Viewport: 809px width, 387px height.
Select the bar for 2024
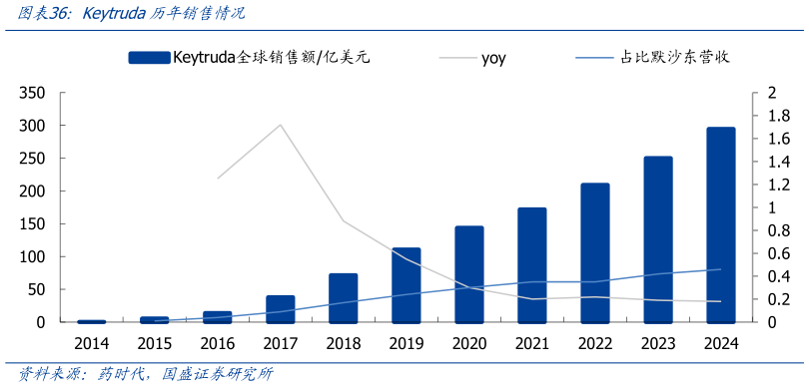pos(720,224)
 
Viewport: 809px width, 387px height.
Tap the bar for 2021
pos(531,265)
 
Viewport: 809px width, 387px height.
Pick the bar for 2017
pos(281,309)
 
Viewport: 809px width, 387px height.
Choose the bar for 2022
pos(594,253)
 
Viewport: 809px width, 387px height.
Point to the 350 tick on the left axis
pos(33,93)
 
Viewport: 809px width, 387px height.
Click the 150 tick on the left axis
pos(33,224)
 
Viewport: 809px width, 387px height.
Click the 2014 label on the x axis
pos(91,344)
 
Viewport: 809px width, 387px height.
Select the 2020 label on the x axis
pos(468,344)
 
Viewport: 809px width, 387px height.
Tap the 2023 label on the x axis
pos(657,344)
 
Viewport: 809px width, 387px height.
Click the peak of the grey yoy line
pos(281,125)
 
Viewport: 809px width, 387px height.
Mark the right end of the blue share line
pos(720,269)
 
